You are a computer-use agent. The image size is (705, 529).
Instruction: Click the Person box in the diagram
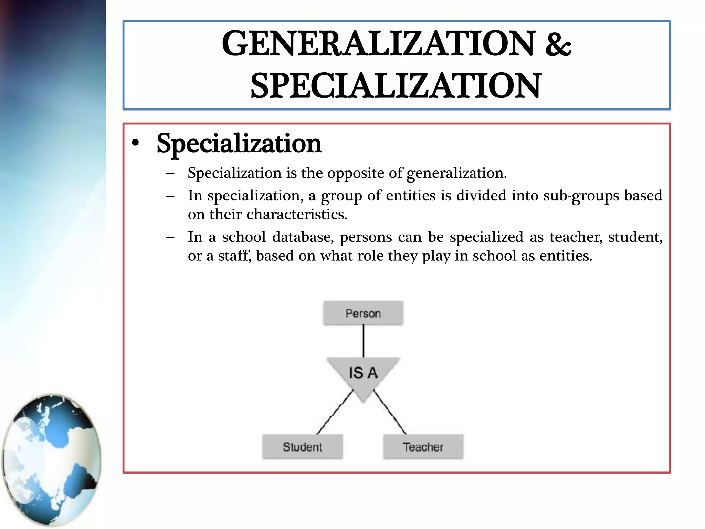[x=363, y=313]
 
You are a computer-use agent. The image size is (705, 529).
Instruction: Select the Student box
[x=302, y=447]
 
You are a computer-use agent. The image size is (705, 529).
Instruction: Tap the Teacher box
[x=423, y=447]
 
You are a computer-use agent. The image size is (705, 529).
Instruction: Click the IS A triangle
[x=363, y=374]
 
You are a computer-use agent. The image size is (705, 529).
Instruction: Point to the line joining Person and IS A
[x=363, y=341]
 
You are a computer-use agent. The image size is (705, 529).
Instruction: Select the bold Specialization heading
[x=239, y=143]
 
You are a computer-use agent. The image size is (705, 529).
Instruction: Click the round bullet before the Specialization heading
[x=136, y=143]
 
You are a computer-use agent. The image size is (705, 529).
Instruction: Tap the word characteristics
[x=297, y=215]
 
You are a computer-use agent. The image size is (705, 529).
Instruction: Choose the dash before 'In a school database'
[x=170, y=237]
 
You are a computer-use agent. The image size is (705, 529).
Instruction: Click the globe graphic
[x=52, y=460]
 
